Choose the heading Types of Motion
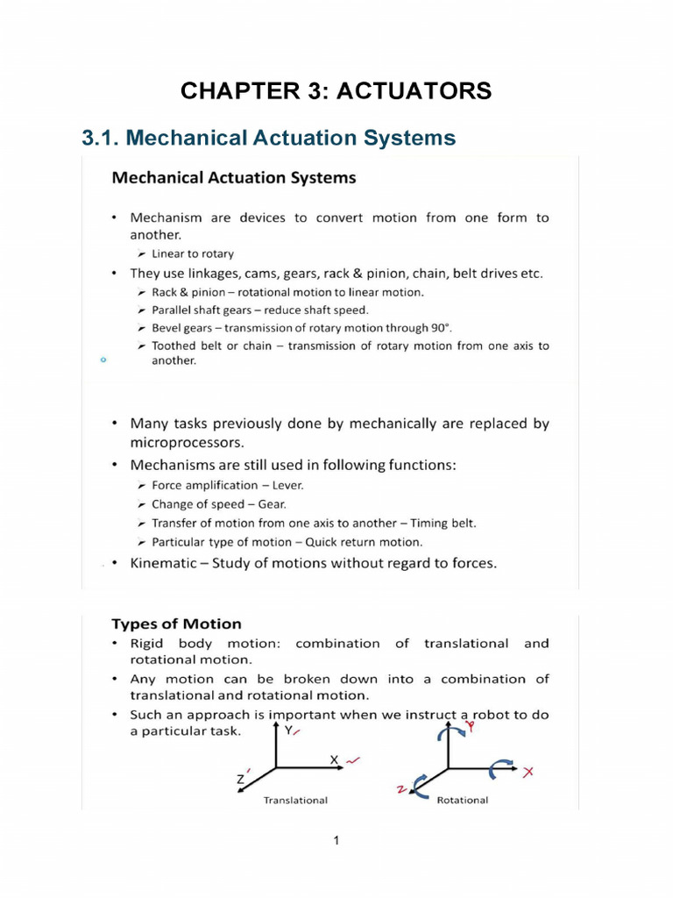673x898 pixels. click(x=176, y=624)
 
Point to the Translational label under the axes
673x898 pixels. click(x=295, y=800)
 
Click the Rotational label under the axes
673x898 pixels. click(x=462, y=800)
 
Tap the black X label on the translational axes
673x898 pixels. click(x=335, y=759)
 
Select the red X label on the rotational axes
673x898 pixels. click(x=528, y=772)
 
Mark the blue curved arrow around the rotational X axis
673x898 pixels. click(x=503, y=768)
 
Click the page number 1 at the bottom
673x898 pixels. click(x=336, y=841)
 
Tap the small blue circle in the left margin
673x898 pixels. click(x=103, y=360)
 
